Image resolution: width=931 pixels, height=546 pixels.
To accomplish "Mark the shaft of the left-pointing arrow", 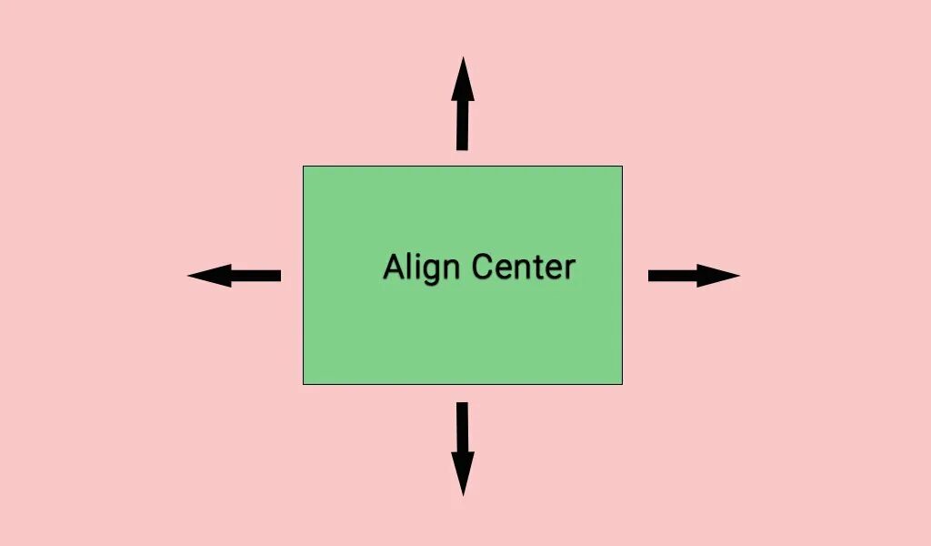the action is pos(256,275).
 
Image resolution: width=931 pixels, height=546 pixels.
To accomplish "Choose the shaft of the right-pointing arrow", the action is pos(673,275).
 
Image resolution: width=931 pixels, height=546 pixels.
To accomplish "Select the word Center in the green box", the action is pos(524,268).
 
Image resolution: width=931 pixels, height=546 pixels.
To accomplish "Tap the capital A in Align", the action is pos(395,268).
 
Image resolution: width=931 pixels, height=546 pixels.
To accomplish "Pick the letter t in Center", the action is pos(542,268).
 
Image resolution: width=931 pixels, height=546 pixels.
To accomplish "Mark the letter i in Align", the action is pos(416,266).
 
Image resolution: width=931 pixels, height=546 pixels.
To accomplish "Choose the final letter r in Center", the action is pos(570,269).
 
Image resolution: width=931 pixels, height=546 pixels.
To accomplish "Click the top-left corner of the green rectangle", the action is pos(304,167).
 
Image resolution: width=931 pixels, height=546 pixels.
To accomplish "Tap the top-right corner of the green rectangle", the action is pos(622,167).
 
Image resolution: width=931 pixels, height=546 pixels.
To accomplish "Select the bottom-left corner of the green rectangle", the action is pos(304,383).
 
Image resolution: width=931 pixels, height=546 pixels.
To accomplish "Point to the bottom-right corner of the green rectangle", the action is pos(622,383).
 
